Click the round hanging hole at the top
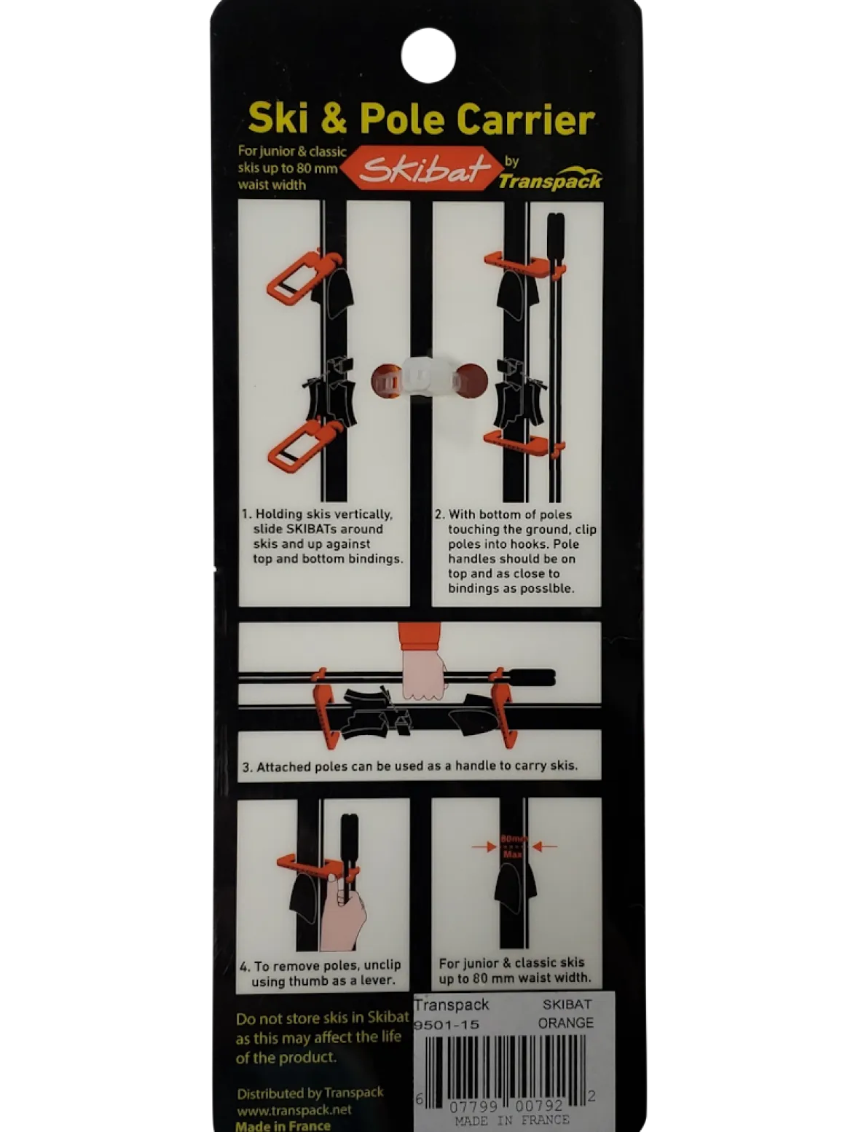pos(428,55)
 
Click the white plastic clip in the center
pos(428,380)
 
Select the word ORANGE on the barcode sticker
pos(565,1023)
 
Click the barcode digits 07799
pos(473,1107)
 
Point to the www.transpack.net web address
pos(294,1110)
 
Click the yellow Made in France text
pos(283,1125)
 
